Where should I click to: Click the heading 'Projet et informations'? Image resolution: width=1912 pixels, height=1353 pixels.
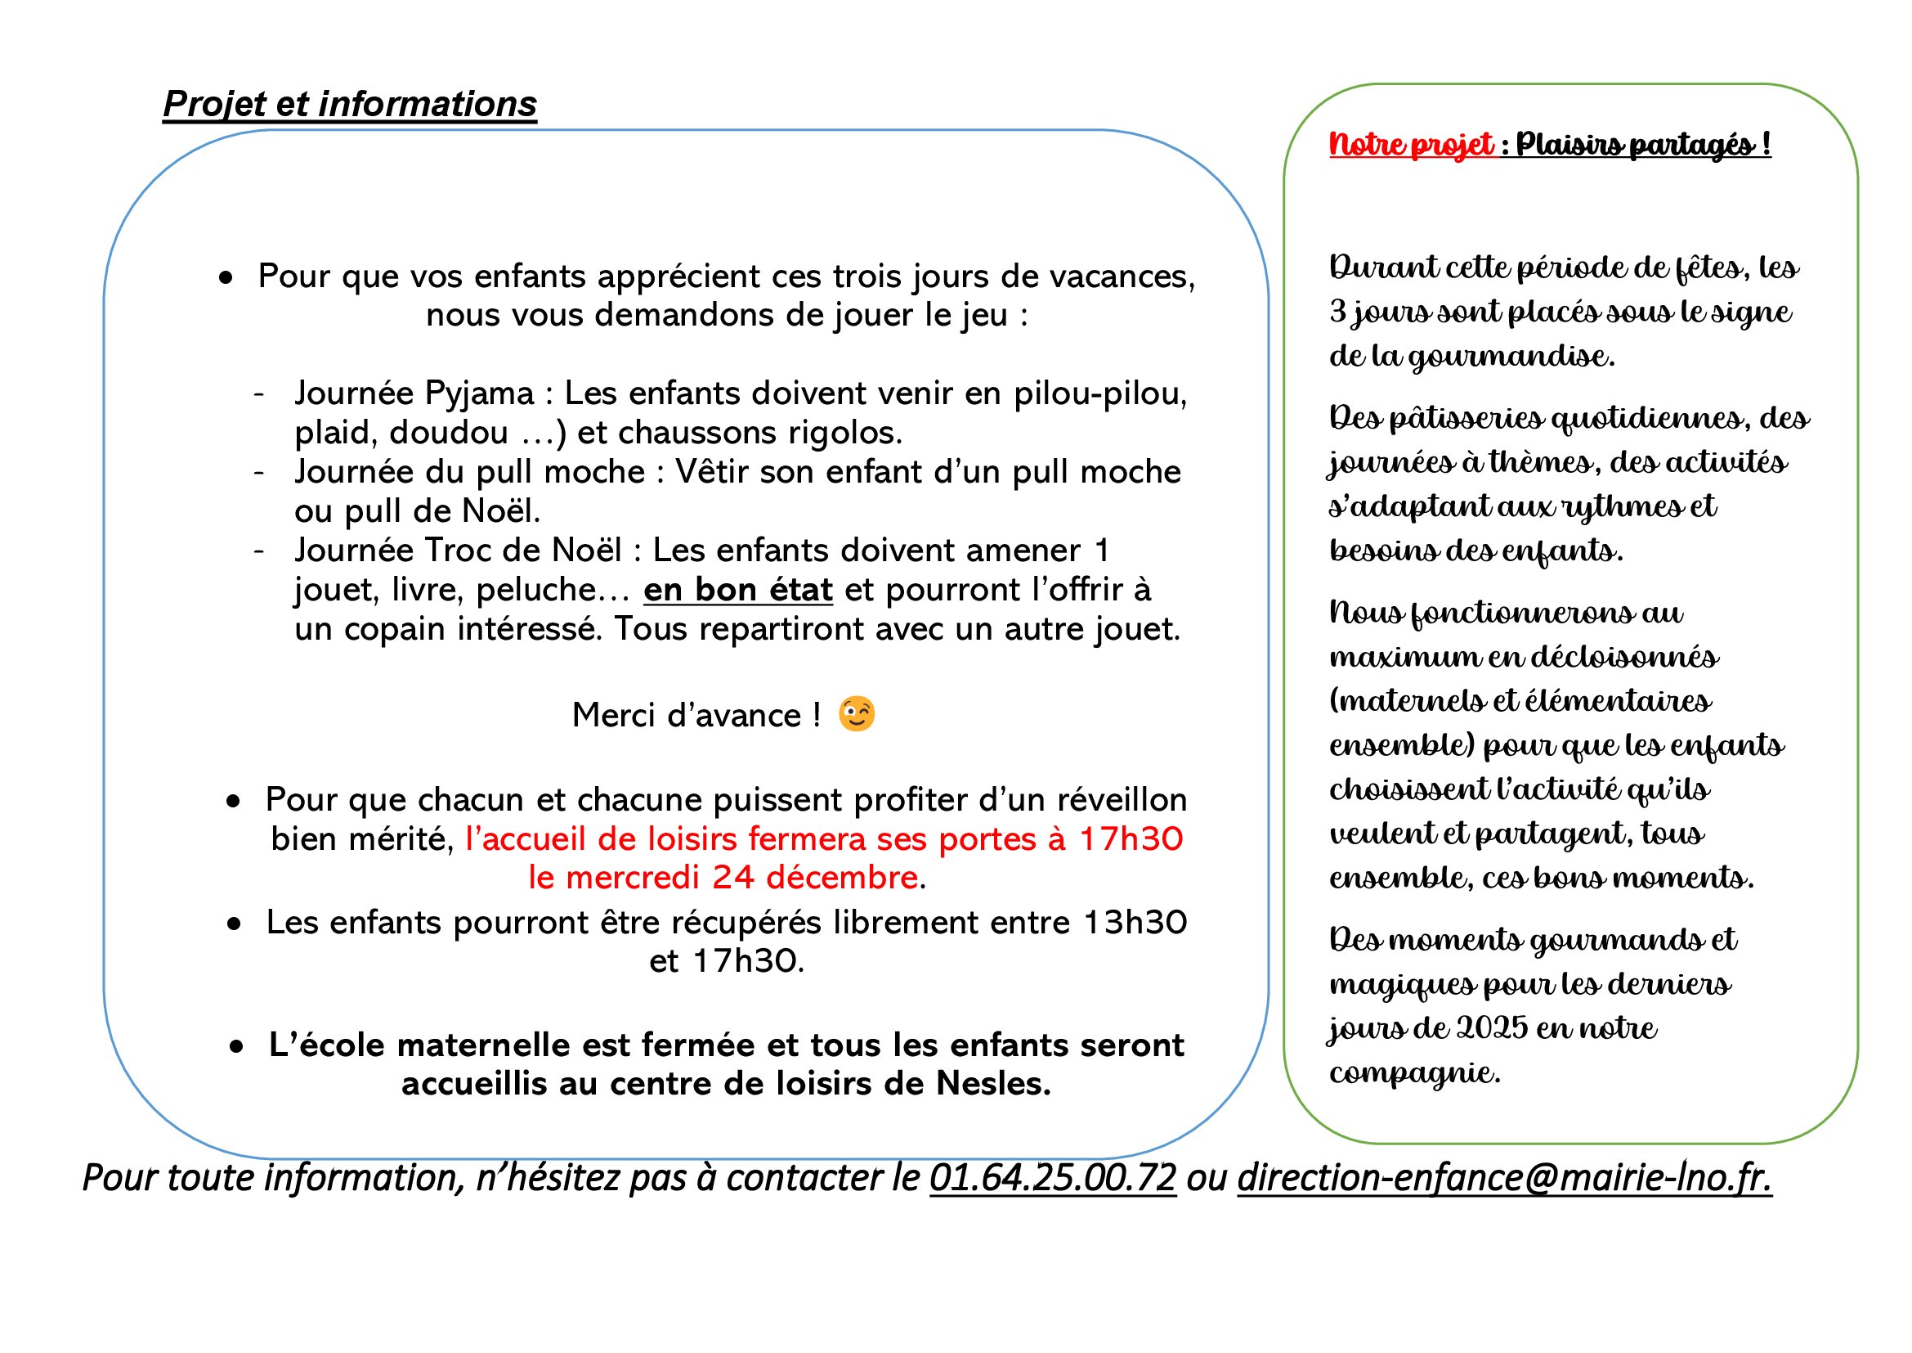(350, 105)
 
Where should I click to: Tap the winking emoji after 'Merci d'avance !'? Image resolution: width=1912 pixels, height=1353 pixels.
(856, 715)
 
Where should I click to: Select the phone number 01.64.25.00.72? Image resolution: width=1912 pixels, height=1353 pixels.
(1053, 1178)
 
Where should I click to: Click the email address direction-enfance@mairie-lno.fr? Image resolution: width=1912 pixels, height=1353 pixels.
(1504, 1178)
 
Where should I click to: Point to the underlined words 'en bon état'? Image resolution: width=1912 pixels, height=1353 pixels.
(738, 591)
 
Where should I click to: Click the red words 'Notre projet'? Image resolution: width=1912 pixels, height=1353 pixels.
(1411, 145)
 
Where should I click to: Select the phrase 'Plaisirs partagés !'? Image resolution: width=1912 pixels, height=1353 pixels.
(1642, 145)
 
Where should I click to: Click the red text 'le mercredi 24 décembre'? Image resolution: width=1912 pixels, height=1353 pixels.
(723, 878)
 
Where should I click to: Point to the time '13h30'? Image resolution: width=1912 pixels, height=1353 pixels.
(1135, 923)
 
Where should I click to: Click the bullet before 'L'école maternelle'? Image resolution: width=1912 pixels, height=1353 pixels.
(237, 1046)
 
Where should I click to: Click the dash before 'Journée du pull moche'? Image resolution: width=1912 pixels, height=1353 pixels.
(259, 472)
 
